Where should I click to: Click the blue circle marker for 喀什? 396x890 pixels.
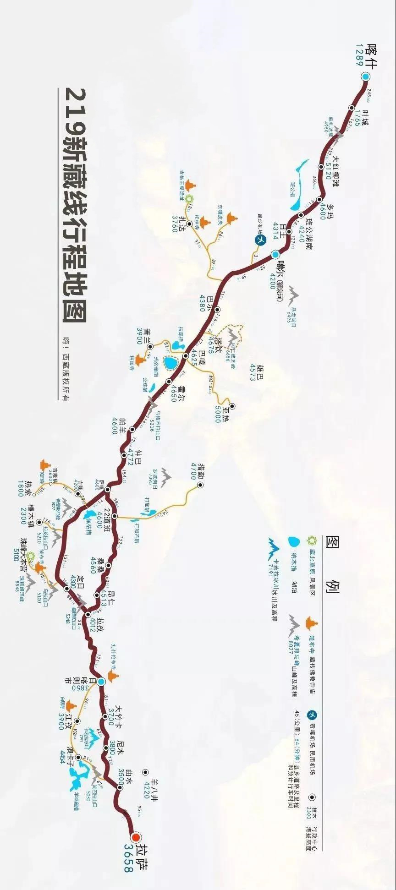click(x=365, y=77)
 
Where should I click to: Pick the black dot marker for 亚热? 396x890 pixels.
click(x=232, y=406)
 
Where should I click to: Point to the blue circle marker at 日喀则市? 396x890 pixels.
click(x=101, y=682)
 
